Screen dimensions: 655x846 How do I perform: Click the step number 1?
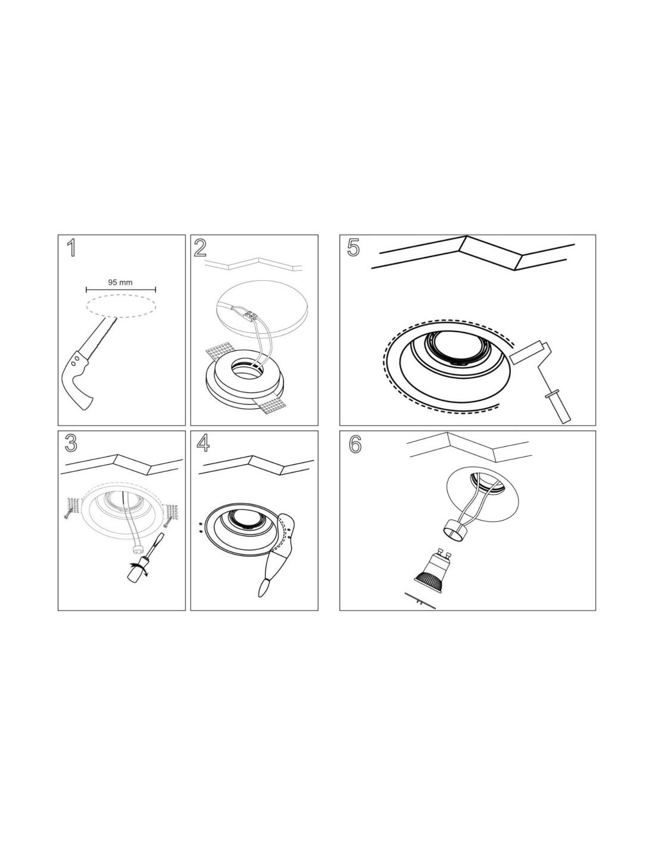pyautogui.click(x=71, y=248)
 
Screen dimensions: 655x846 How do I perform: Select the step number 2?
pyautogui.click(x=200, y=248)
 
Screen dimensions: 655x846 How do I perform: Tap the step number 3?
pyautogui.click(x=71, y=443)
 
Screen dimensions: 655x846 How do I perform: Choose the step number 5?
pyautogui.click(x=353, y=248)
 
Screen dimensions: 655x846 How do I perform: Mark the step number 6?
pyautogui.click(x=354, y=444)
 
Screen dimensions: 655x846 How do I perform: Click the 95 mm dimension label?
pyautogui.click(x=120, y=282)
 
